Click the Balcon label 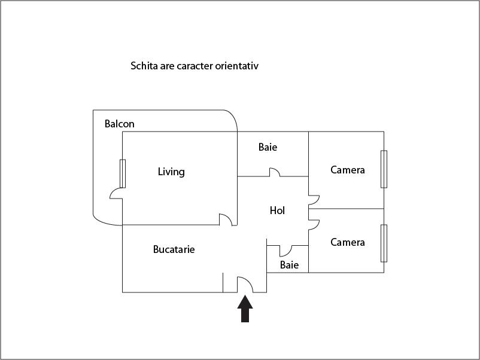[119, 124]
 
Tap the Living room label [171, 172]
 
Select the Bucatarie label [174, 249]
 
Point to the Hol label [277, 210]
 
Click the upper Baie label [268, 147]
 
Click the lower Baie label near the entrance [289, 265]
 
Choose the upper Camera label [348, 170]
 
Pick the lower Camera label [348, 242]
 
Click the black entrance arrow [245, 309]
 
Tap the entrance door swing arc [245, 285]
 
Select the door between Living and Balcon [117, 193]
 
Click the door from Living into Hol [226, 219]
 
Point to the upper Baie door [275, 172]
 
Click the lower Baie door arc [285, 251]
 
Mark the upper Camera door [314, 200]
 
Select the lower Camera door [314, 224]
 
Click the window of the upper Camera [384, 169]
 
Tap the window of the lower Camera [384, 243]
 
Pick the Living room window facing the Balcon [123, 173]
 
